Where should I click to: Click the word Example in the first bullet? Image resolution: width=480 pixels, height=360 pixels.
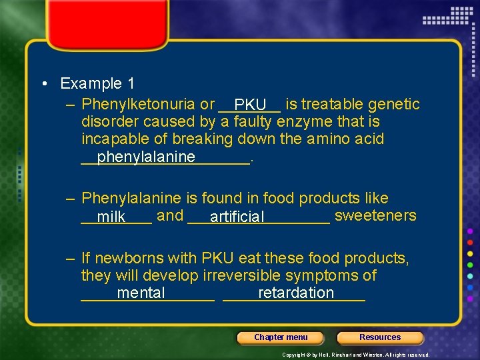point(91,84)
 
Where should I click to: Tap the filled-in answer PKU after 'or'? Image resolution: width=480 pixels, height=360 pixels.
point(251,105)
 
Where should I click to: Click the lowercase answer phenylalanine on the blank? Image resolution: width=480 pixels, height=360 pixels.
point(146,157)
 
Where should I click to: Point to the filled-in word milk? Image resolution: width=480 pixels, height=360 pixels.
point(111,217)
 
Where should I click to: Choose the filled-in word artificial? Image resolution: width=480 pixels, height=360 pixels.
point(237,217)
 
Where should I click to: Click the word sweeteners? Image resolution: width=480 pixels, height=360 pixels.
point(375,216)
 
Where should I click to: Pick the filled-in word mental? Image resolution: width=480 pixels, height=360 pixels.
point(141,293)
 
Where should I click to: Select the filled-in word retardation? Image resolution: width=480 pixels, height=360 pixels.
point(296,293)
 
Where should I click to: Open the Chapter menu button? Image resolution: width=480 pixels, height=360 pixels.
point(281,337)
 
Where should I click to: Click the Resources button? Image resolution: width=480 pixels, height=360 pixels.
point(380,337)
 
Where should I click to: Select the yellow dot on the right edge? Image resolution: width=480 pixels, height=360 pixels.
point(470,253)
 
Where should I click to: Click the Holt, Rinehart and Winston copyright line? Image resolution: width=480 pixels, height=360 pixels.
point(356,355)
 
